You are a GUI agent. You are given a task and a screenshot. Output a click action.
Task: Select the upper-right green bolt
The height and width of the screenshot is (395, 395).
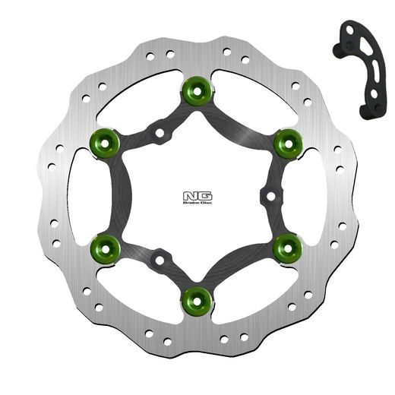click(x=286, y=141)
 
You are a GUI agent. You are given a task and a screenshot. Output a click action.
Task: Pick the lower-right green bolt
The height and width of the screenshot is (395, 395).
click(x=286, y=245)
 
